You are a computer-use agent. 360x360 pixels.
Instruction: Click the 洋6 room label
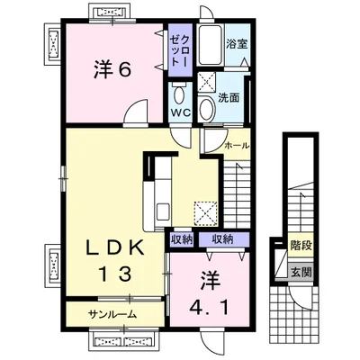(112, 69)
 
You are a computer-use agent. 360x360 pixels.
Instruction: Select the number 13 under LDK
(115, 274)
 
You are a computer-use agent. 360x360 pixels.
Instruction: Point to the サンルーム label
(112, 314)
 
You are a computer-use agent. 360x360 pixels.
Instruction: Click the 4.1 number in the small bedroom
(210, 306)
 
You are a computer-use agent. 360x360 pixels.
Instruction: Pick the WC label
(181, 112)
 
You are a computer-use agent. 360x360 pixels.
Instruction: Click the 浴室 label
(237, 44)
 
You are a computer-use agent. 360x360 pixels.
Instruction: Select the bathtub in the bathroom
(211, 45)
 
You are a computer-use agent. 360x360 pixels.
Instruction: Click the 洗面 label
(229, 98)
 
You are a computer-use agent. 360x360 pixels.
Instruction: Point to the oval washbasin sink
(206, 109)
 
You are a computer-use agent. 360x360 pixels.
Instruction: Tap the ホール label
(237, 146)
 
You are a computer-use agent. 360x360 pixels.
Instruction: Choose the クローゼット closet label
(180, 50)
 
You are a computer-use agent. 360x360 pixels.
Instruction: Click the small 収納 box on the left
(182, 239)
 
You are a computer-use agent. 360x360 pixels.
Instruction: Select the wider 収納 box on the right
(222, 239)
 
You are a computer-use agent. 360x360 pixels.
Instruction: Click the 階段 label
(301, 246)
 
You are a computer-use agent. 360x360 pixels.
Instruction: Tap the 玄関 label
(301, 273)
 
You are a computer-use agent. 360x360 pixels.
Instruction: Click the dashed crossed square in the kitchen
(205, 212)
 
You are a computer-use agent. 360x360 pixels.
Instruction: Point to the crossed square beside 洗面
(206, 81)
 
